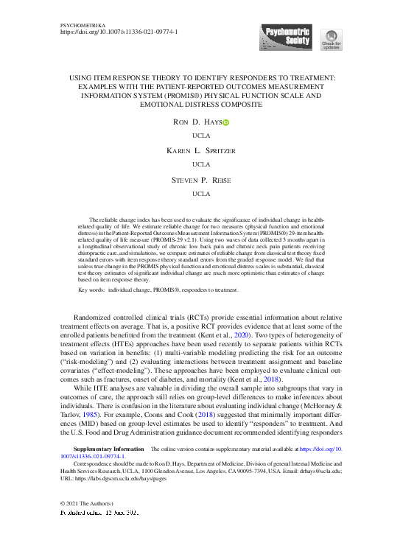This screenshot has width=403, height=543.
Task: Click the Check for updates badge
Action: click(331, 39)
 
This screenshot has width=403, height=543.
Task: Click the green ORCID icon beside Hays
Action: click(225, 123)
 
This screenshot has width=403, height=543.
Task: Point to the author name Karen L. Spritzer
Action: click(200, 150)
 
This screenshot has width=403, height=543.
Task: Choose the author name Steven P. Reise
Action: click(200, 179)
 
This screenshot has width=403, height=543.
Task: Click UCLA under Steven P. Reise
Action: click(200, 194)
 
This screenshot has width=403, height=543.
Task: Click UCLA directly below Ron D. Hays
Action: click(200, 136)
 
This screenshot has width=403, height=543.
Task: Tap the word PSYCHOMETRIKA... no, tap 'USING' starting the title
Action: click(81, 77)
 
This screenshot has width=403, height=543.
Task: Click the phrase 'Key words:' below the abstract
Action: click(92, 290)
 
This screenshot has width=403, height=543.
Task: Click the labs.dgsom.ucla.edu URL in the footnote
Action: click(126, 477)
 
